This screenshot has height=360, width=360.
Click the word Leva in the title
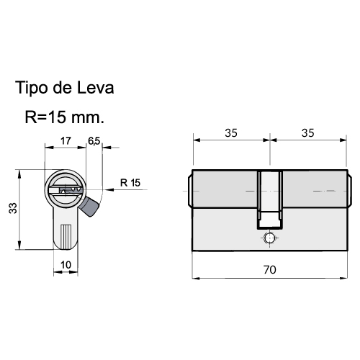(95, 87)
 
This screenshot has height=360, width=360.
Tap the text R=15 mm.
(65, 117)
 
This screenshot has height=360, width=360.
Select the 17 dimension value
(66, 140)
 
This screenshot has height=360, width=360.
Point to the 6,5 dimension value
(94, 141)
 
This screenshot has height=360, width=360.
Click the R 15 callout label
(130, 183)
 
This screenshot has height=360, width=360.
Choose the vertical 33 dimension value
(13, 208)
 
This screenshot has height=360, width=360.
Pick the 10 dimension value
(66, 265)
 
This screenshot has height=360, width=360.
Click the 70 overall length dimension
(270, 270)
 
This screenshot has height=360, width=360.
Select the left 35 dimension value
(231, 133)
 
